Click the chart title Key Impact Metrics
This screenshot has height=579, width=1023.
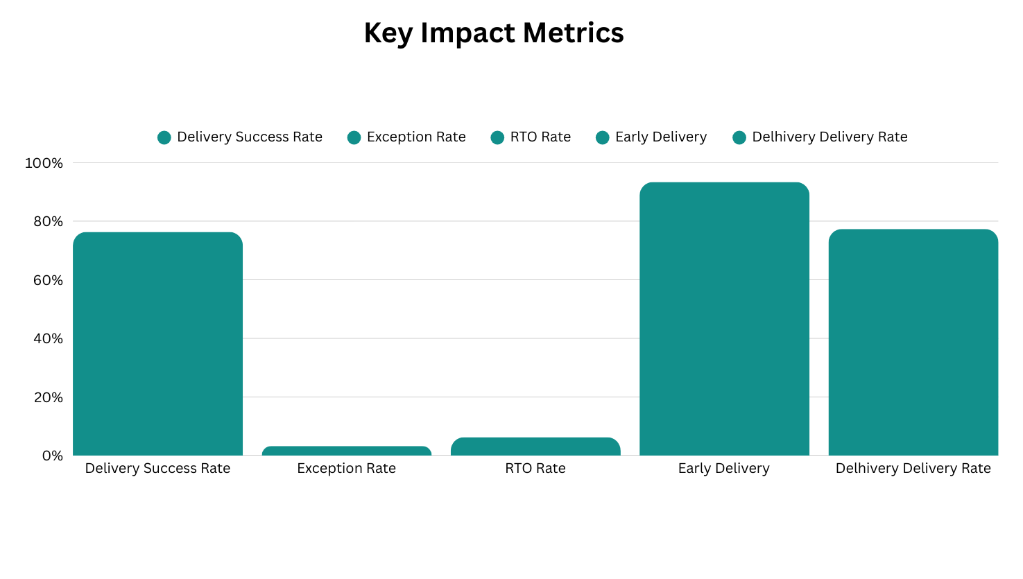click(494, 33)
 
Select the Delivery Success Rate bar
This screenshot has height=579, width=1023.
click(157, 344)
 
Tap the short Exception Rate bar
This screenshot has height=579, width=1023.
click(347, 451)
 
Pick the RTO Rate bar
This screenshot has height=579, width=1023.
click(535, 447)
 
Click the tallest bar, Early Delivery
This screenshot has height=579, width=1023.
click(724, 319)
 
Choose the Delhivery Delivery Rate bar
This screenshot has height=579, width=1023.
click(913, 343)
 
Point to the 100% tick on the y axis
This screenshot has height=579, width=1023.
click(44, 163)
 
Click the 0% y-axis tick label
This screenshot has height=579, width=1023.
click(52, 456)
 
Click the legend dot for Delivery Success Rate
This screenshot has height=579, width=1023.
click(164, 137)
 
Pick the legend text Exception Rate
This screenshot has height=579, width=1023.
click(416, 137)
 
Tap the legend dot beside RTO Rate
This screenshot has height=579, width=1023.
click(497, 137)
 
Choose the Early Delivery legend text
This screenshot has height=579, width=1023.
click(661, 137)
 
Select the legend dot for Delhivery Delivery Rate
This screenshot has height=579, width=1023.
click(739, 137)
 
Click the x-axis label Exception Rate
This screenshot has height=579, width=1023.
click(346, 469)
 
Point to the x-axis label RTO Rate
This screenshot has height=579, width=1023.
click(535, 469)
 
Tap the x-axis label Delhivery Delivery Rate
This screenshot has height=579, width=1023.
click(913, 469)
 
